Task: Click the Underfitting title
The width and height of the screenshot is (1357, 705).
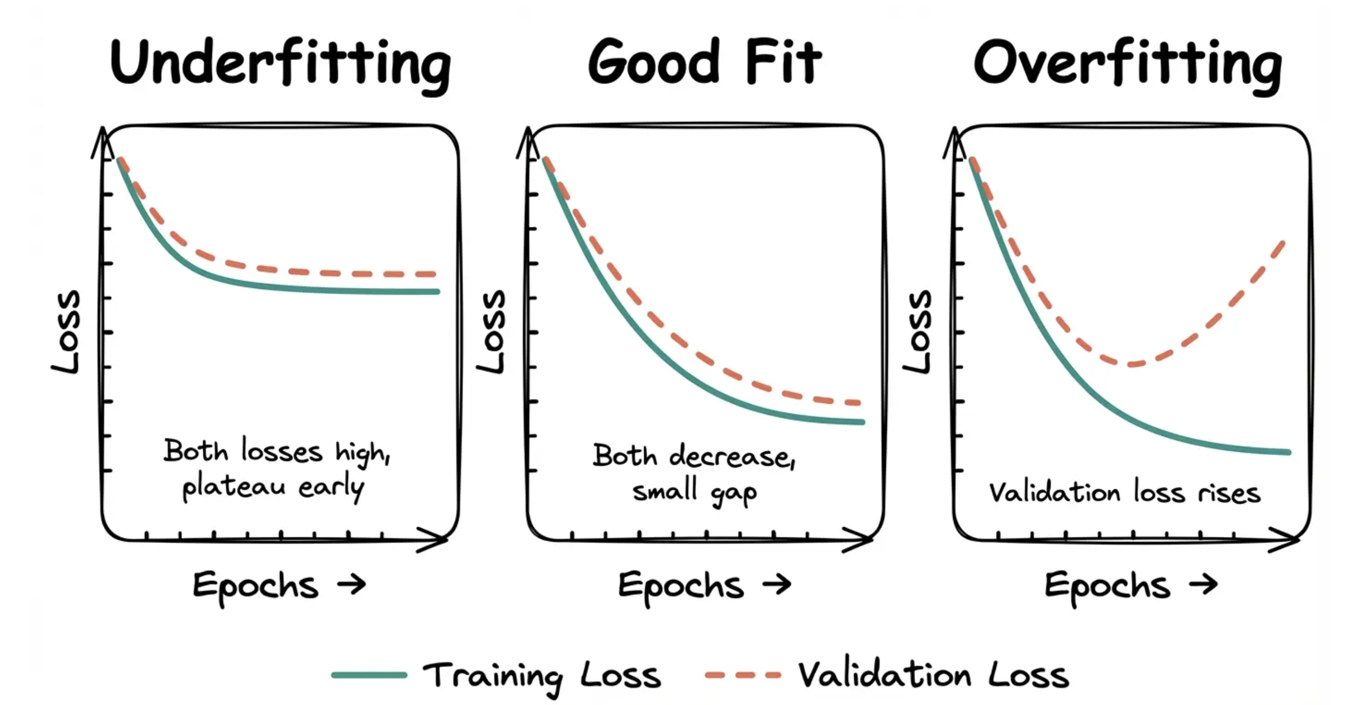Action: click(x=280, y=63)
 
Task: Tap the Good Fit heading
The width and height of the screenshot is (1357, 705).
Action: click(x=704, y=62)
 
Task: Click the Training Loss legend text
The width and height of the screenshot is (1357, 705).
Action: click(x=542, y=675)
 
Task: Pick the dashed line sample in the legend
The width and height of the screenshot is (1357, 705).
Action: click(x=743, y=675)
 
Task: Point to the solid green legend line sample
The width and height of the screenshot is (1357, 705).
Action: click(x=369, y=675)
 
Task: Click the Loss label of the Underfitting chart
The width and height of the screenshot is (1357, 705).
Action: click(x=67, y=332)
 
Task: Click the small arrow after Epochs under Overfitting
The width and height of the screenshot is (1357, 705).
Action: click(x=1203, y=584)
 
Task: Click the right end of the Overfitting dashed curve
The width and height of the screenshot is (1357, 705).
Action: click(x=1282, y=243)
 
